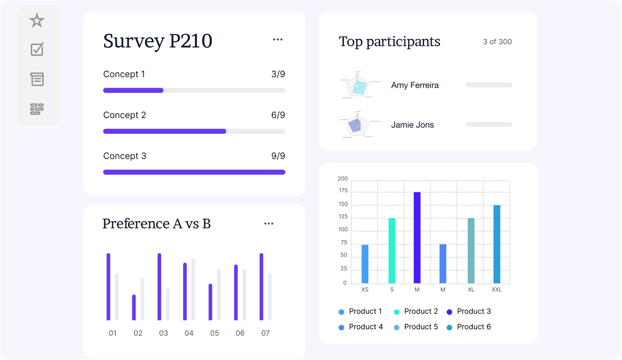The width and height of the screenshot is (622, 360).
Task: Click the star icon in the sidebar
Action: [x=37, y=20]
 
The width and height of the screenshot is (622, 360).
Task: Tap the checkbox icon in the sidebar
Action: [x=37, y=49]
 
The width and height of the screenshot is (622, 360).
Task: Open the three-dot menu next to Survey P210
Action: [x=278, y=40]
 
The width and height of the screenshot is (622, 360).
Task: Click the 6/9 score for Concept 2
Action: [x=278, y=115]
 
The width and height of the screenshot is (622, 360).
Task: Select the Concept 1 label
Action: [x=124, y=74]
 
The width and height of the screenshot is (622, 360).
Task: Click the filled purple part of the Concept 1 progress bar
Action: [x=133, y=91]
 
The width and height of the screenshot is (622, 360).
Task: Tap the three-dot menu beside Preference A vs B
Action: [x=269, y=224]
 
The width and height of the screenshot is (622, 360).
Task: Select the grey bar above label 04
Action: [x=193, y=290]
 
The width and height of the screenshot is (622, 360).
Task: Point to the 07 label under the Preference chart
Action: [x=266, y=333]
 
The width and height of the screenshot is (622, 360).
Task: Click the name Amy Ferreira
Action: [x=415, y=85]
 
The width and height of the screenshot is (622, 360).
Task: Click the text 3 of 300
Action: [x=497, y=42]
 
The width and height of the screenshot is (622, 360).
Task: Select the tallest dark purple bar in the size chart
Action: [x=417, y=237]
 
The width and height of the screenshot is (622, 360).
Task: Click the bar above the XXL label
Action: [x=497, y=244]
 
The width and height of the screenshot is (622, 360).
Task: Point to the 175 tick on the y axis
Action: [x=343, y=190]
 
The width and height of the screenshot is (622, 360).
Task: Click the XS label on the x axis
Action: [x=365, y=290]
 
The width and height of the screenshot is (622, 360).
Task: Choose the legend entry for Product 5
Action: [x=421, y=327]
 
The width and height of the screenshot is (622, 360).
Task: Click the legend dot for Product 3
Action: [x=449, y=312]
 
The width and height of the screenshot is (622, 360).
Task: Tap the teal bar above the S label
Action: [x=392, y=251]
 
